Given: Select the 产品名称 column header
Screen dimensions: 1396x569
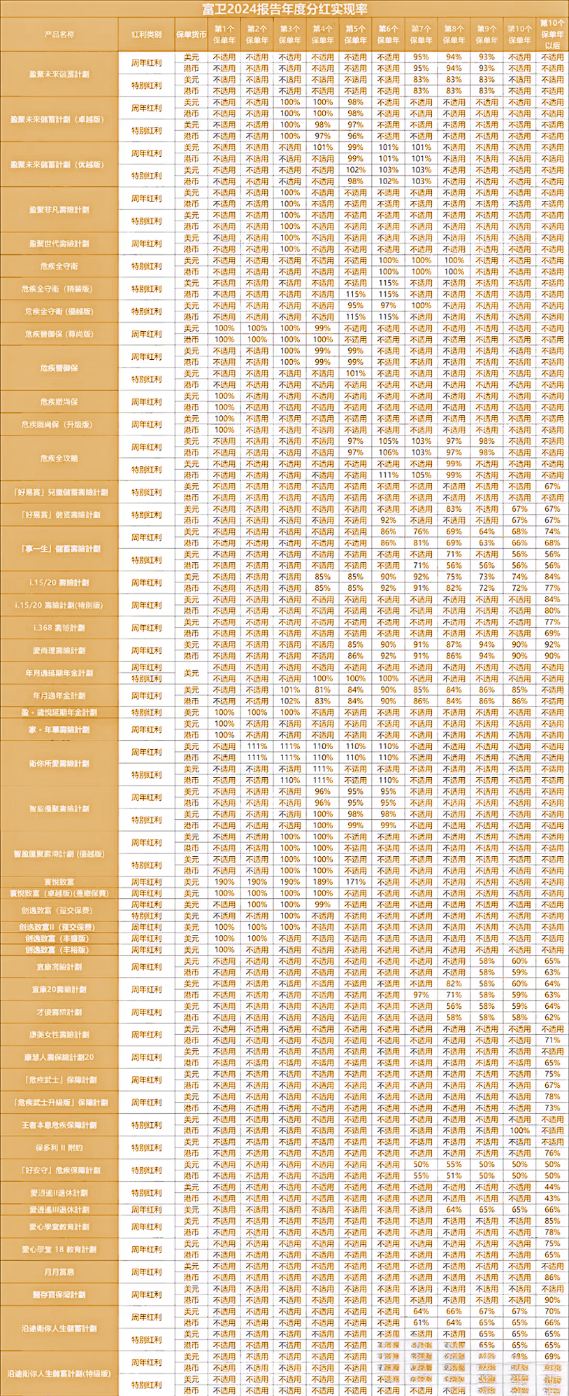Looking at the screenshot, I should pos(60,34).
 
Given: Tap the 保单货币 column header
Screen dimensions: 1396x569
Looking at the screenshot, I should pos(191,34).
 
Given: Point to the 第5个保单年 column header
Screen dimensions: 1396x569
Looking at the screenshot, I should pos(355,34).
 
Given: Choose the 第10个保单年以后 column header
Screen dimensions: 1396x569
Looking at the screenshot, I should pos(552,34).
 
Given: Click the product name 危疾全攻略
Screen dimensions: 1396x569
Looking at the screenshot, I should pos(60,458).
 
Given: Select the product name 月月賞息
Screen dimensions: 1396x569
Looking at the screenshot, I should pos(60,1271).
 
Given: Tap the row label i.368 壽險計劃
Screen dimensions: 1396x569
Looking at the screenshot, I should pos(60,627).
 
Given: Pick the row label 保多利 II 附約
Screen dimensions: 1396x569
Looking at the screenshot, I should pos(60,1148).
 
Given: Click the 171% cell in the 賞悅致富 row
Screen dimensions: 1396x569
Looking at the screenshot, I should pos(355,882).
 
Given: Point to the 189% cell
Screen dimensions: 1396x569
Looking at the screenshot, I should pos(322,882).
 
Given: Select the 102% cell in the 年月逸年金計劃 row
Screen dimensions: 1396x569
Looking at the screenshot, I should pos(290,701).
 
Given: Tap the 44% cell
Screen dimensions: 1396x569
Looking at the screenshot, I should pos(552,1187).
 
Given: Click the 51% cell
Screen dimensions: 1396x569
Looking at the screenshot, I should pos(454,1175).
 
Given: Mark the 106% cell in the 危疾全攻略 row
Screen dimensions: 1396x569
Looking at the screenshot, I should pos(388,453).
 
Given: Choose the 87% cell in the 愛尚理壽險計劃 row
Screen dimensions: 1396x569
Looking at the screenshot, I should pos(454,644).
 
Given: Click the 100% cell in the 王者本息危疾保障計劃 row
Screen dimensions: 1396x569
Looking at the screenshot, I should pos(519,1131).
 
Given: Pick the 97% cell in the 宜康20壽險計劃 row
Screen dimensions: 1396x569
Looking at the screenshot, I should pos(421,995).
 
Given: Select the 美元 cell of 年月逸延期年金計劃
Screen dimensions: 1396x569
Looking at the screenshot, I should pos(191,673).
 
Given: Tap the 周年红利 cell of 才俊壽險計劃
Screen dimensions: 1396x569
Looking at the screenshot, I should pos(146,1012).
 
